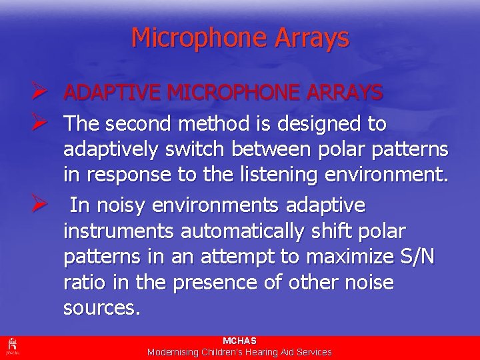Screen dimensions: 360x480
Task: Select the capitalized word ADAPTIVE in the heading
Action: tap(110, 93)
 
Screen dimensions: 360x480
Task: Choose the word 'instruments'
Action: tap(117, 231)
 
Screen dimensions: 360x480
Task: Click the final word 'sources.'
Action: tap(101, 309)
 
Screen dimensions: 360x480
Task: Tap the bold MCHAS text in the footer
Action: tap(239, 341)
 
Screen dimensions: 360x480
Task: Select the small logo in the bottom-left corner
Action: tap(11, 347)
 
